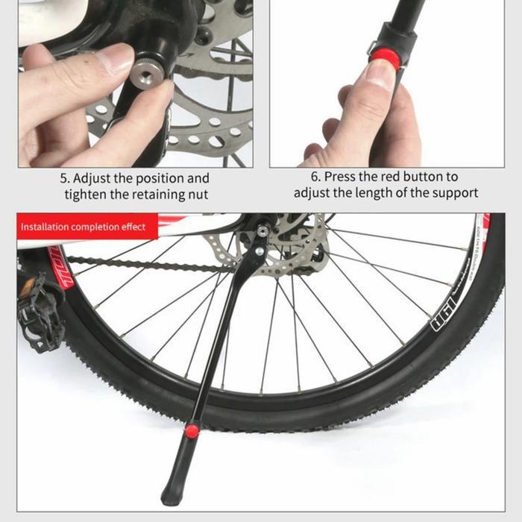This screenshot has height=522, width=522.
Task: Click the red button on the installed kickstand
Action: [x=192, y=430]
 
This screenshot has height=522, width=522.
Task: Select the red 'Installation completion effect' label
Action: [x=83, y=227]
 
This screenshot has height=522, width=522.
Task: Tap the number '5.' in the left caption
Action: [x=65, y=179]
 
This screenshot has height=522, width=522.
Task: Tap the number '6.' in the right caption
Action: [x=315, y=177]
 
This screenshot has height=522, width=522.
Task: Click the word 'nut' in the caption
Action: [x=197, y=195]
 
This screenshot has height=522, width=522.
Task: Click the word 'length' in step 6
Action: [x=400, y=194]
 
